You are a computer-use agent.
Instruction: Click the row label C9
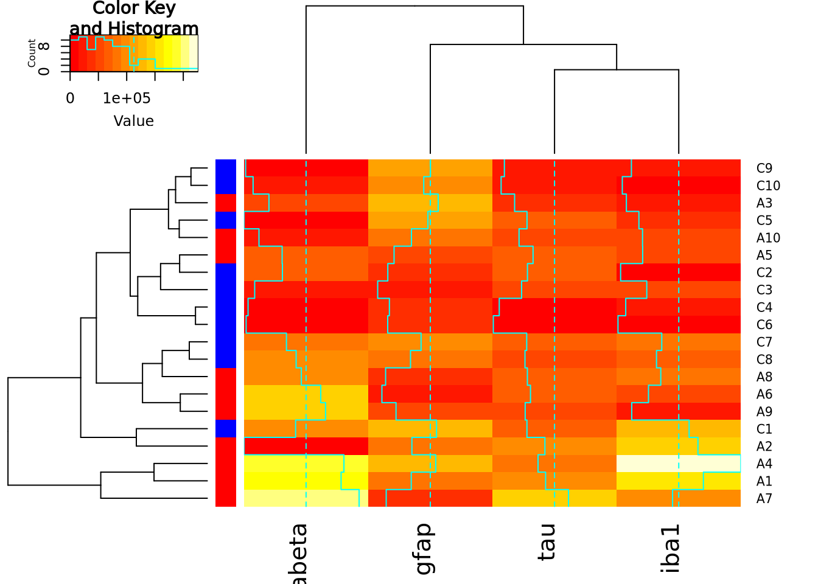click(764, 169)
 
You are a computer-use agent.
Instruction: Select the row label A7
click(764, 499)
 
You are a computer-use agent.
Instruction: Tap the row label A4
click(764, 464)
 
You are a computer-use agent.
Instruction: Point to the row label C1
click(764, 429)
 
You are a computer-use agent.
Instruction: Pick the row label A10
click(768, 238)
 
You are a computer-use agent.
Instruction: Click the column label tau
click(547, 541)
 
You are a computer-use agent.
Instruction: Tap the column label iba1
click(670, 547)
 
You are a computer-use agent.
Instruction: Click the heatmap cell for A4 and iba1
click(679, 464)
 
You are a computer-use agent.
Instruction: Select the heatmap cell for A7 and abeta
click(306, 498)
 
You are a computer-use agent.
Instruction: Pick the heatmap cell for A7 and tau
click(554, 498)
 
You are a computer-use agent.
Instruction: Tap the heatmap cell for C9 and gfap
click(430, 168)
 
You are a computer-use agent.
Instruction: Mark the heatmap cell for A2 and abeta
click(306, 446)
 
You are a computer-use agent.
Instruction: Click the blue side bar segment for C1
click(226, 429)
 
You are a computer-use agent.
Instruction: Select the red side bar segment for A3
click(226, 203)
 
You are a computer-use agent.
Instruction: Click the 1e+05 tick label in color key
click(127, 99)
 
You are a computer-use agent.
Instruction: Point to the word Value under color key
click(134, 121)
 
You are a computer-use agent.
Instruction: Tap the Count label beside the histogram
click(32, 54)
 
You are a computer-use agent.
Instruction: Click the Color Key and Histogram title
click(134, 18)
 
